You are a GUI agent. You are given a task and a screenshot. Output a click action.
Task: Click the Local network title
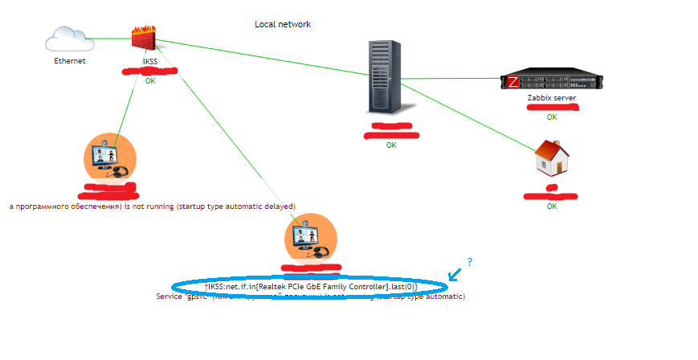[x=283, y=24]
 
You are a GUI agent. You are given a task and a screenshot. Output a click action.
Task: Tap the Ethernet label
[x=70, y=61]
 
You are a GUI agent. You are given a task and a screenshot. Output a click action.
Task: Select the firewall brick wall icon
[x=145, y=37]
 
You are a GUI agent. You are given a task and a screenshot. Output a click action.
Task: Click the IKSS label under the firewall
[x=150, y=61]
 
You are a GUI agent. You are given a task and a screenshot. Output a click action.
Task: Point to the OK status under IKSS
[x=150, y=81]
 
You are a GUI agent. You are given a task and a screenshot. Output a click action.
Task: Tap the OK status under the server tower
[x=391, y=145]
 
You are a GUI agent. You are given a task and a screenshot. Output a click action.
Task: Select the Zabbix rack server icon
[x=552, y=81]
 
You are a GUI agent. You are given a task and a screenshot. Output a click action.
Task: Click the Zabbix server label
[x=552, y=97]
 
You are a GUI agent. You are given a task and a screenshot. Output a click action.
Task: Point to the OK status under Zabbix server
[x=552, y=117]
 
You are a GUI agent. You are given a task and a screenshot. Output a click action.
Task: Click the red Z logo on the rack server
[x=512, y=82]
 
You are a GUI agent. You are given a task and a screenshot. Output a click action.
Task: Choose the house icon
[x=552, y=157]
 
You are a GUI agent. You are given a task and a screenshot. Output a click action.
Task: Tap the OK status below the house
[x=552, y=207]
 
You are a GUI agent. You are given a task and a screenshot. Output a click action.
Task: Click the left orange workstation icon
[x=110, y=157]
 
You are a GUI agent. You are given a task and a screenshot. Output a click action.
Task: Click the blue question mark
[x=469, y=262]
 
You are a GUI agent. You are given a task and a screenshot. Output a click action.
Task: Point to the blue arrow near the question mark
[x=455, y=274]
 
